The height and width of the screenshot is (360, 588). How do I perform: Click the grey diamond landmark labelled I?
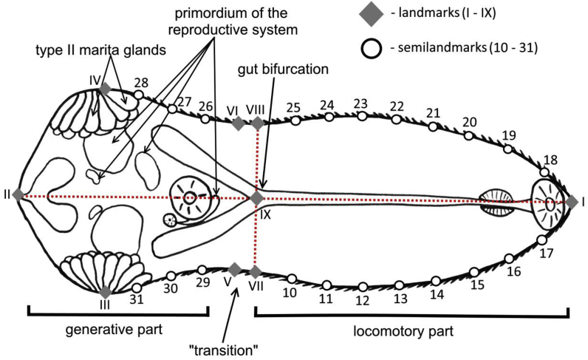coord(571,201)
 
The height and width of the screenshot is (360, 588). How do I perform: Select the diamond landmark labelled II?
coord(18,195)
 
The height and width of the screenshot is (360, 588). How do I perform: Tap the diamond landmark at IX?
coord(256,198)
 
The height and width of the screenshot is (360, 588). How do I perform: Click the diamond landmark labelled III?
coord(106,291)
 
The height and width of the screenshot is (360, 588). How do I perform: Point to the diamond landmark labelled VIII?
coord(257,123)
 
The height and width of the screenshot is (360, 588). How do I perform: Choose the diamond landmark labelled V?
coord(234,269)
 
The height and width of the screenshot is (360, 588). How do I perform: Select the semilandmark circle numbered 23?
coord(362,116)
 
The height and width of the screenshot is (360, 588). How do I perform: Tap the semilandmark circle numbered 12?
coord(362,287)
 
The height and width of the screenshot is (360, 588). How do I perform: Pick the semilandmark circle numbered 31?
coord(137,288)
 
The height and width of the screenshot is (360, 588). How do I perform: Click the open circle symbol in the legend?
coord(374,48)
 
